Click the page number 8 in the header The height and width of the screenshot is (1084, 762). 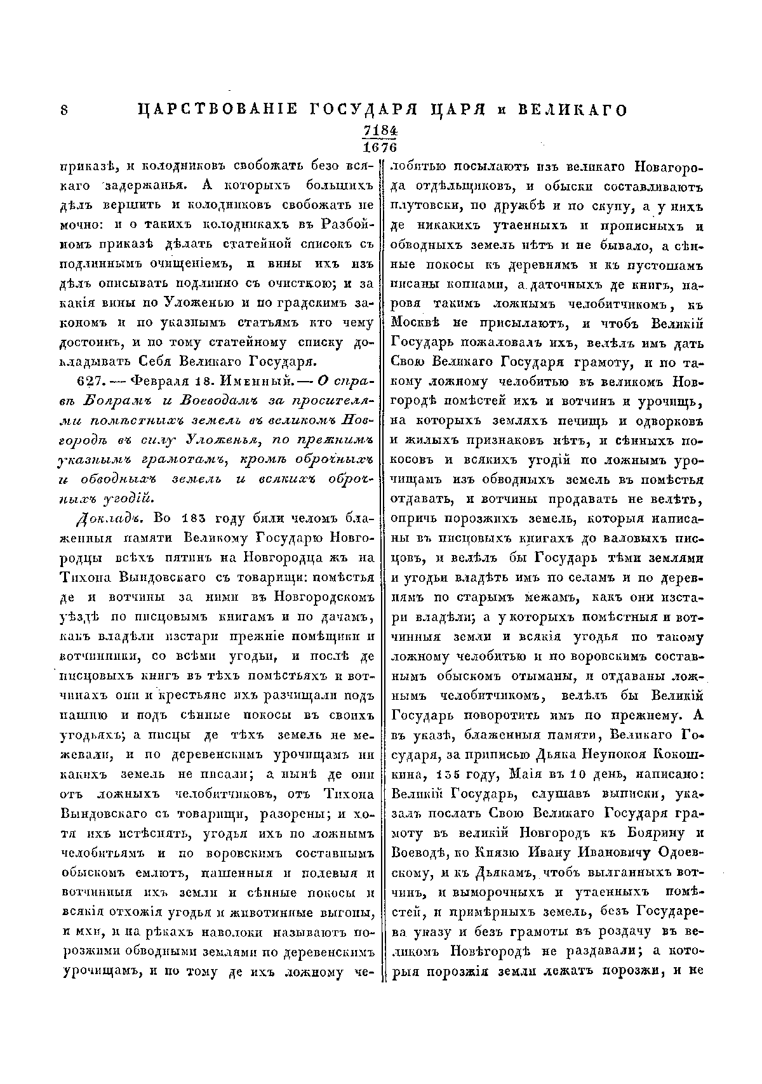63,110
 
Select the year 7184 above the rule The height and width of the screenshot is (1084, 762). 380,130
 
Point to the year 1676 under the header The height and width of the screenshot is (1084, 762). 380,147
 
